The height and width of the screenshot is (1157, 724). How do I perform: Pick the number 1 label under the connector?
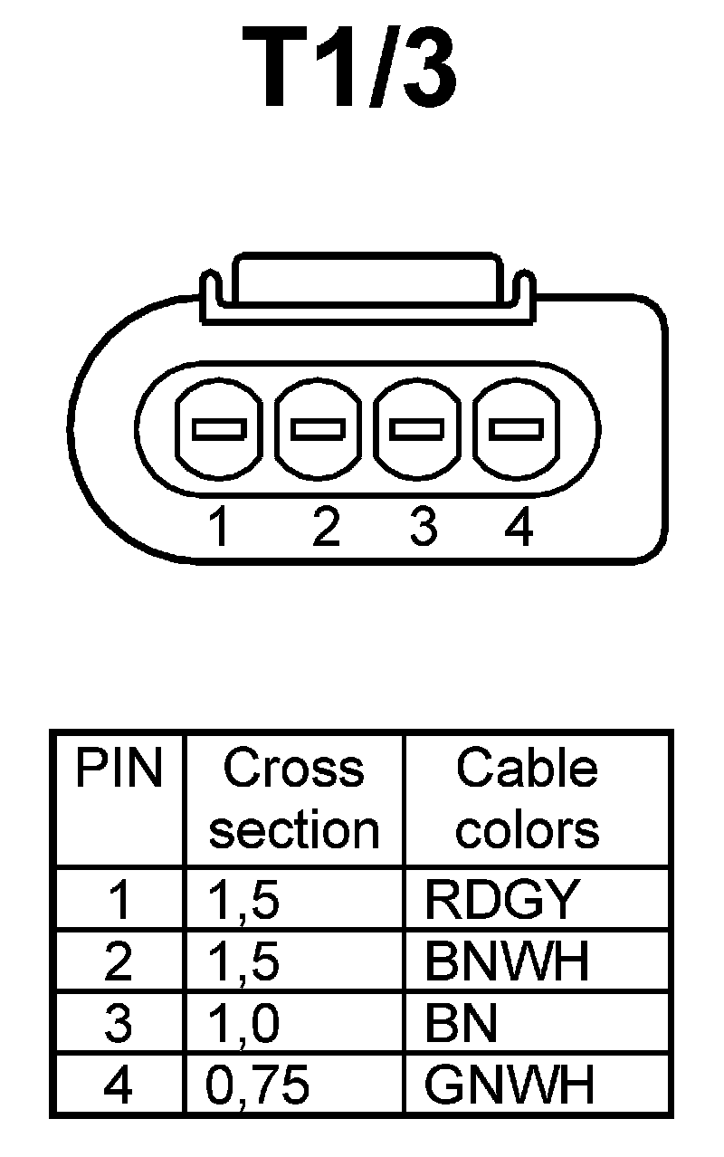[218, 528]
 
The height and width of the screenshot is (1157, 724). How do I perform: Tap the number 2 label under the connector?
[325, 528]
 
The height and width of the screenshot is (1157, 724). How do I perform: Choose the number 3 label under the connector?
[423, 528]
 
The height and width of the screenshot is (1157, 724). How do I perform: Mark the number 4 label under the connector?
[519, 528]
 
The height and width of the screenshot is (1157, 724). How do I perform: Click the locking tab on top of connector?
[365, 281]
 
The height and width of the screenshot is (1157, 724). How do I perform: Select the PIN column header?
[119, 770]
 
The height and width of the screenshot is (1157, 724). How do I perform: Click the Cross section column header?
[294, 798]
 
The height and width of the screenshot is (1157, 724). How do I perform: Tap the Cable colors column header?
[527, 798]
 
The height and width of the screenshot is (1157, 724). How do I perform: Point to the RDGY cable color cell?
[500, 899]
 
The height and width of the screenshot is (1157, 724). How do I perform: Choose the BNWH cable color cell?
[507, 961]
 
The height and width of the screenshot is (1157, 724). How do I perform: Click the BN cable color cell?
[462, 1023]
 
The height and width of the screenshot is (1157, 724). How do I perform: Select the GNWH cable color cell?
[510, 1085]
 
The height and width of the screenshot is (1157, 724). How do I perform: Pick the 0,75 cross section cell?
[259, 1085]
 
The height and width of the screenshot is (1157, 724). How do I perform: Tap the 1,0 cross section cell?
[243, 1023]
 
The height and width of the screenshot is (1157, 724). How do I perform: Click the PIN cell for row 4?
[119, 1085]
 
